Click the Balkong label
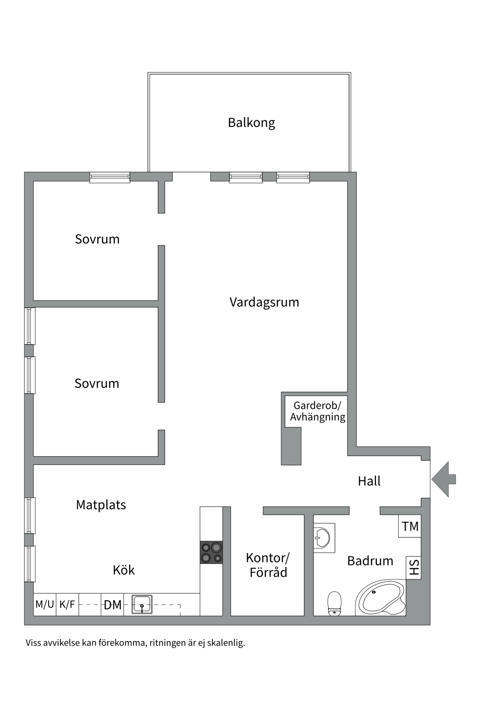(251, 123)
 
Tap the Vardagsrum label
(264, 302)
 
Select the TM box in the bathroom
(410, 526)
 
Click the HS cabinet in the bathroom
(414, 567)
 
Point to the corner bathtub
(380, 598)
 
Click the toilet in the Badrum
(334, 603)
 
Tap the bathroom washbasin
(322, 538)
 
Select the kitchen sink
(142, 604)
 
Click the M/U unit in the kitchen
(45, 604)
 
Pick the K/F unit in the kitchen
(67, 604)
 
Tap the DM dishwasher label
(112, 604)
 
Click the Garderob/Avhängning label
(317, 411)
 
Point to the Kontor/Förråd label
(268, 565)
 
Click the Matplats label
(101, 505)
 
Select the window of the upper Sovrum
(110, 177)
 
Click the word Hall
(369, 481)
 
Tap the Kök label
(124, 570)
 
